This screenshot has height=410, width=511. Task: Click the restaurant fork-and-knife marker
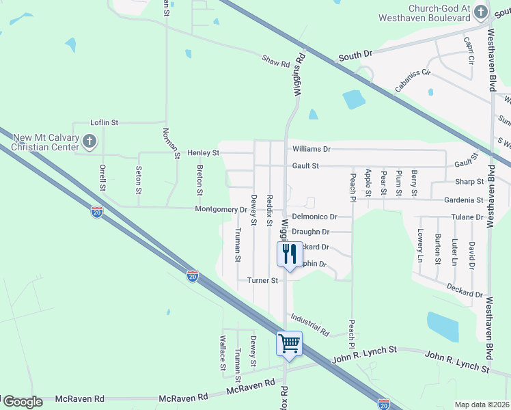coord(289,254)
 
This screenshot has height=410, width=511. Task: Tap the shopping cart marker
coord(289,342)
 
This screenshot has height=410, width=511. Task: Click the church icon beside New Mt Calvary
coord(89,142)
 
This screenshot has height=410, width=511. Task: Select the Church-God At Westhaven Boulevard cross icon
coord(481,12)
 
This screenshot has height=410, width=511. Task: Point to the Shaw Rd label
coord(276,61)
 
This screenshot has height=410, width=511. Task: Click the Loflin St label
coord(105,122)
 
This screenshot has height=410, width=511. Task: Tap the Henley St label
coord(206,152)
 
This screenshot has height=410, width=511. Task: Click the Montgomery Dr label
coord(221,209)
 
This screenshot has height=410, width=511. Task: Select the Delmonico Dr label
coord(315,216)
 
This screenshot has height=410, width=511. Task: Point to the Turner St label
coord(263,280)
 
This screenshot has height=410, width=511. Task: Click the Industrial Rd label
coord(309,325)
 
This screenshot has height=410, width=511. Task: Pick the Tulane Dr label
coord(467,217)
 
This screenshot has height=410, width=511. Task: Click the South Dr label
coord(355,54)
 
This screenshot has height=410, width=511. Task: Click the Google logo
coord(23,402)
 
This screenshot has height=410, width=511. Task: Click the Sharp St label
coord(469,182)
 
